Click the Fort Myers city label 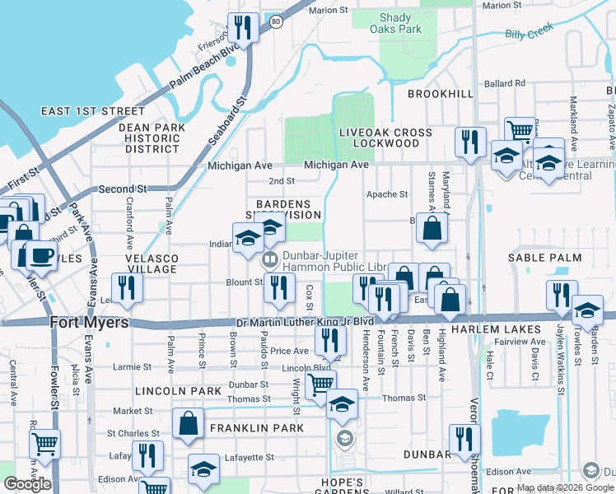coord(90,323)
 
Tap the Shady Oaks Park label coord(400,23)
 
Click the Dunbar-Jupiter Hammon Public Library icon coord(269,260)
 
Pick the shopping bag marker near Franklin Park coord(189,423)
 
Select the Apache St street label coord(387,194)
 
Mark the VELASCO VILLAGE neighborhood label coord(152,263)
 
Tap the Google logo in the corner coord(27,484)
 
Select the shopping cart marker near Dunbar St coord(320,383)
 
